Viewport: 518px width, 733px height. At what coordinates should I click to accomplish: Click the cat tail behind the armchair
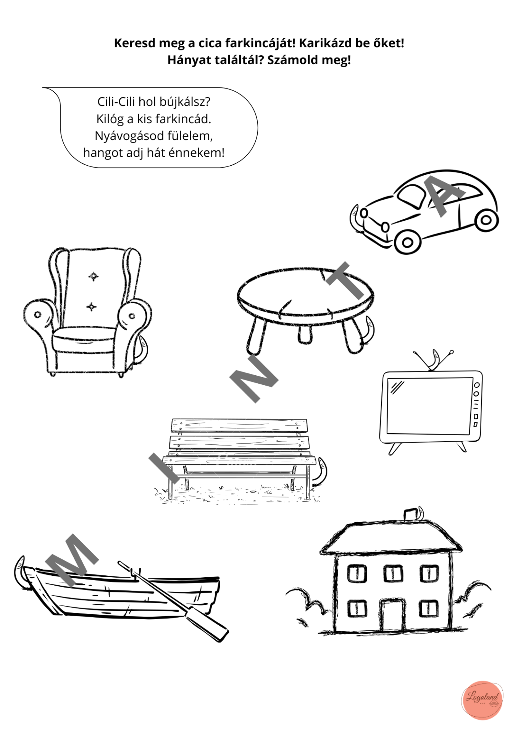(x=143, y=349)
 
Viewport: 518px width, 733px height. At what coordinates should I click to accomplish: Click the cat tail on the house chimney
(x=420, y=513)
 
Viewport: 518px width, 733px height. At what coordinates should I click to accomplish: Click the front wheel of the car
(x=407, y=242)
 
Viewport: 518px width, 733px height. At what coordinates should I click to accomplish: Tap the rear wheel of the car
(x=486, y=220)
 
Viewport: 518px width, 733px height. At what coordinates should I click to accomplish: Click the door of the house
(x=393, y=615)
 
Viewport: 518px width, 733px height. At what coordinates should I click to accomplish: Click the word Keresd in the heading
(x=135, y=43)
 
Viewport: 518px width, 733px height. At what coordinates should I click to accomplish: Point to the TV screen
(x=430, y=406)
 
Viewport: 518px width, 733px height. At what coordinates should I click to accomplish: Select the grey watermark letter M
(x=71, y=560)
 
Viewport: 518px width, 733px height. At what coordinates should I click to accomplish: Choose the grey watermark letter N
(x=253, y=378)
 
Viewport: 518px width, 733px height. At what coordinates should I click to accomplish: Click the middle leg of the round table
(x=304, y=334)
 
